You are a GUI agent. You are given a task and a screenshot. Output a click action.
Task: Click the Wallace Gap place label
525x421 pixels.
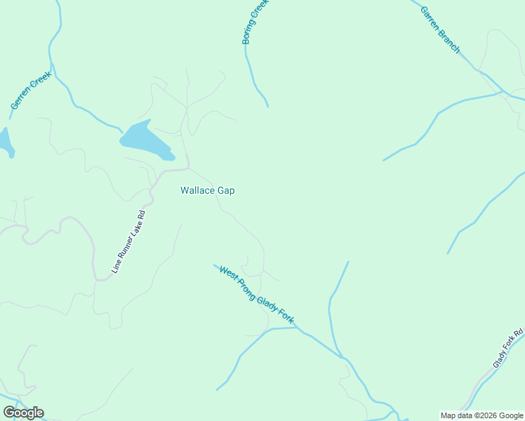point(207,190)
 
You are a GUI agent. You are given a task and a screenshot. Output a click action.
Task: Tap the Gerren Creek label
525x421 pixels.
point(31,90)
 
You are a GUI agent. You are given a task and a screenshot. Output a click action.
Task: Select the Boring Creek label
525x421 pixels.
point(255,22)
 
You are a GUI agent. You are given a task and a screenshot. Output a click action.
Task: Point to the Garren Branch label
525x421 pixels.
point(441,30)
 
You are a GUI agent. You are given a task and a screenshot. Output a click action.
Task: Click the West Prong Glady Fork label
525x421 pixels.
point(255,295)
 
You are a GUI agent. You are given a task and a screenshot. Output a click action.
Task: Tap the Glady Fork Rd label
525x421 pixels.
point(508,349)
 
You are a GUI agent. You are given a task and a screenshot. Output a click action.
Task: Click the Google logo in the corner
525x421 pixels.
point(23,413)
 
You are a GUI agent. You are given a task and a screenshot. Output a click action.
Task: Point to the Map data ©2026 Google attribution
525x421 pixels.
point(481,415)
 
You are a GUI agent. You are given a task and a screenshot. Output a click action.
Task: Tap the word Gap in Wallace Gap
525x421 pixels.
point(226,190)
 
